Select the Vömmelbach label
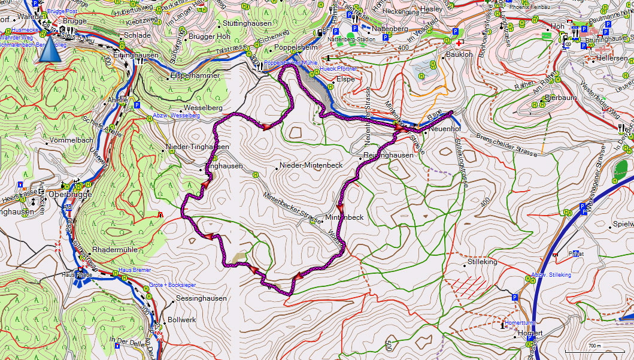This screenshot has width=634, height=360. click(72, 140)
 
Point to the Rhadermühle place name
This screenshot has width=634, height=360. click(116, 249)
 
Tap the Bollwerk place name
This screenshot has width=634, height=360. click(182, 320)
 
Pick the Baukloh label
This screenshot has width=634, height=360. click(460, 55)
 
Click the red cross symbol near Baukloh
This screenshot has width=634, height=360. click(459, 44)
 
